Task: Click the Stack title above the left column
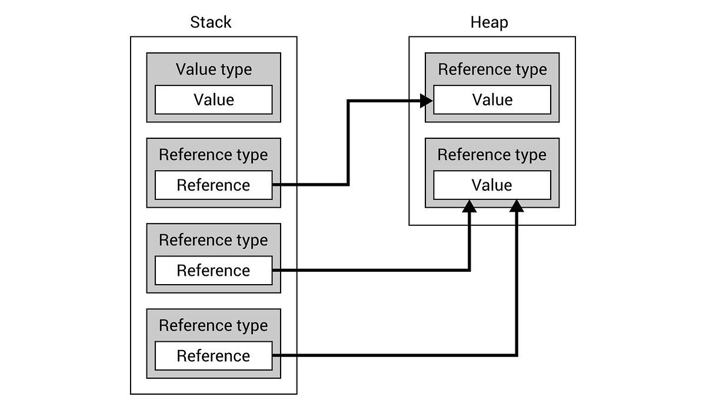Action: pos(211,22)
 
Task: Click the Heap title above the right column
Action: pos(489,22)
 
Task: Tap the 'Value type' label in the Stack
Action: pos(214,69)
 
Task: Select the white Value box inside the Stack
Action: pos(214,100)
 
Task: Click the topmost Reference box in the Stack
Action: pos(214,185)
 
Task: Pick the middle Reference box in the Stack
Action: pos(214,271)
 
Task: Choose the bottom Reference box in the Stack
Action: pos(214,356)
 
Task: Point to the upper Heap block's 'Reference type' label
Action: pos(492,69)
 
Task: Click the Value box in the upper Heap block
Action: pos(492,100)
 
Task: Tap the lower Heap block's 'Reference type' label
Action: pos(492,155)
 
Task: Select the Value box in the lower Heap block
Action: pos(492,185)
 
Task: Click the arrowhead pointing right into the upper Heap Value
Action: pos(427,101)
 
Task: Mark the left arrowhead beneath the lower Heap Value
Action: pos(469,206)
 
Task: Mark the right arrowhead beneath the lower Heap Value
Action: pos(517,206)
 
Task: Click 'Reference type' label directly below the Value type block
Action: pos(214,155)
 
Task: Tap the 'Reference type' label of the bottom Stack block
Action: pos(214,325)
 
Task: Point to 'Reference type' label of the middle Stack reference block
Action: pos(214,240)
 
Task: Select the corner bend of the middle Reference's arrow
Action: pos(469,269)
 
